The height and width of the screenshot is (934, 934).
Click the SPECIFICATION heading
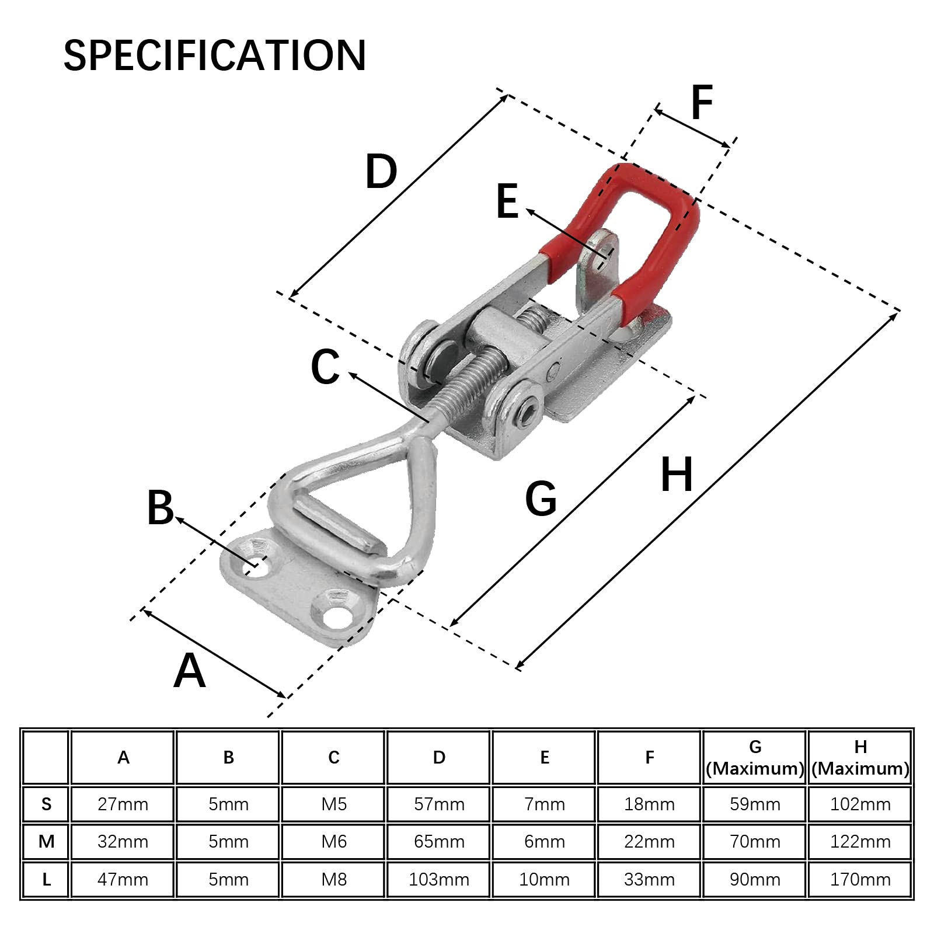(215, 55)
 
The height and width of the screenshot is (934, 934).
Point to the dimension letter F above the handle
(702, 102)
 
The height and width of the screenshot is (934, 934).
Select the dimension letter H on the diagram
(677, 475)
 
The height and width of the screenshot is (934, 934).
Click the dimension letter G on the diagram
(541, 499)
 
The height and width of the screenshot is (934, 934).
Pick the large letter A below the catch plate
(190, 671)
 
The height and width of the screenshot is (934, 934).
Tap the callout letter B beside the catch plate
(160, 507)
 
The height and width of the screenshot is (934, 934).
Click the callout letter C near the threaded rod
(325, 367)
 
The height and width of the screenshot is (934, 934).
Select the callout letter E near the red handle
(507, 201)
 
